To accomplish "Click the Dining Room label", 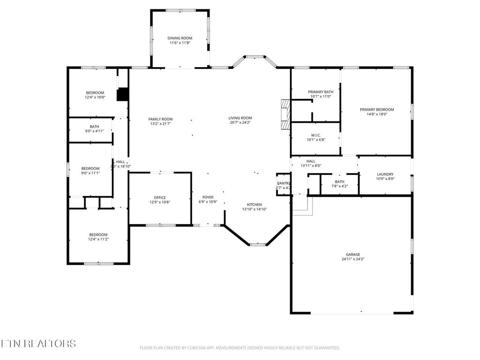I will (180, 38).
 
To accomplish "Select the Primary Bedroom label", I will (377, 109).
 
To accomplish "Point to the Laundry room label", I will (385, 174).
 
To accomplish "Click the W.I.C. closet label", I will (315, 135).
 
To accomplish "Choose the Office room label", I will (160, 197).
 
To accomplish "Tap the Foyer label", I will (208, 197).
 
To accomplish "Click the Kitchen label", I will (255, 204).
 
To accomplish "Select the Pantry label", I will (284, 183).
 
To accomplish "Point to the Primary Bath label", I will (321, 92).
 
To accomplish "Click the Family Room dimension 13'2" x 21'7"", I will (161, 124).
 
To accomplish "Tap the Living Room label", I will (240, 118).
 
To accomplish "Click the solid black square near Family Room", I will (122, 95).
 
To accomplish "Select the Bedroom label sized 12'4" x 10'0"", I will (95, 92).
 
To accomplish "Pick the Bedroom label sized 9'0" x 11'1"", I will (90, 168).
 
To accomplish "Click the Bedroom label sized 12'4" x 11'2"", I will (98, 234).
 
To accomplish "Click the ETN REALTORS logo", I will (38, 344).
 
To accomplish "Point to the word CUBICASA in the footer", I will (195, 348).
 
